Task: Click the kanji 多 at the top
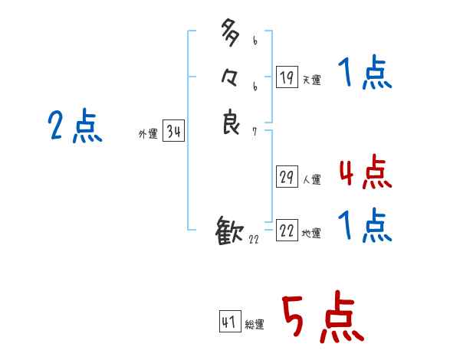[x=231, y=34]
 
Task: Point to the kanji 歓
[x=230, y=231]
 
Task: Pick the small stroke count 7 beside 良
[x=255, y=132]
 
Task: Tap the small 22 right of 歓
[x=254, y=241]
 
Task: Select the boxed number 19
[x=287, y=77]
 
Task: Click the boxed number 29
[x=287, y=177]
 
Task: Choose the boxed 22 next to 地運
[x=287, y=231]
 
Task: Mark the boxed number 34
[x=173, y=132]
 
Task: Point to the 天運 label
[x=311, y=80]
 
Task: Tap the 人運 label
[x=311, y=180]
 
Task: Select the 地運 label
[x=311, y=234]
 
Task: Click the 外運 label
[x=148, y=134]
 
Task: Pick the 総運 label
[x=255, y=325]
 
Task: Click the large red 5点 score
[x=321, y=318]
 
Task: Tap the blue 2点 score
[x=74, y=126]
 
